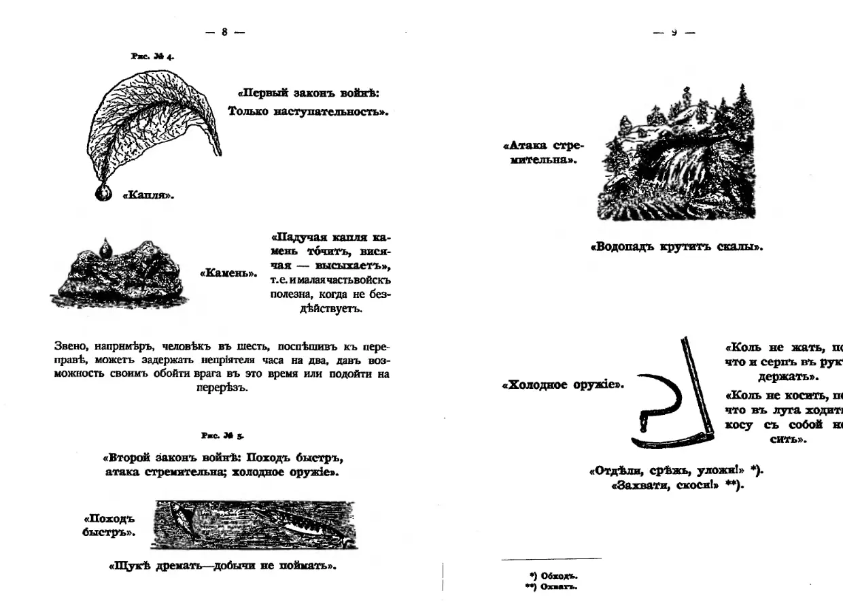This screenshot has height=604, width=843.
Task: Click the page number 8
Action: point(224,31)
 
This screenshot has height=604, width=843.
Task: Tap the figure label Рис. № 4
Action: point(152,57)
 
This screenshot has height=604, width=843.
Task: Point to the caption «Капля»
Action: point(148,196)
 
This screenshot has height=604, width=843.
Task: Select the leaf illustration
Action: point(153,122)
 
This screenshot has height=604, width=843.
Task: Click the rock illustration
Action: point(119,275)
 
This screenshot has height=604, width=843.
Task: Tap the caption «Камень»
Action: point(228,273)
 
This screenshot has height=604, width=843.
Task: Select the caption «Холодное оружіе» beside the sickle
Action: point(562,385)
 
